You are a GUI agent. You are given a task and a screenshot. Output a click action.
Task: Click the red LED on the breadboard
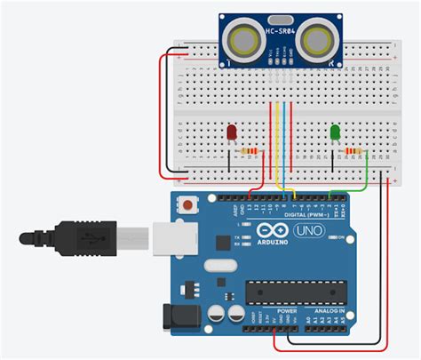[232, 133]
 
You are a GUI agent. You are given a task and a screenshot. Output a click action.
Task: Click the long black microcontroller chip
[296, 290]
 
